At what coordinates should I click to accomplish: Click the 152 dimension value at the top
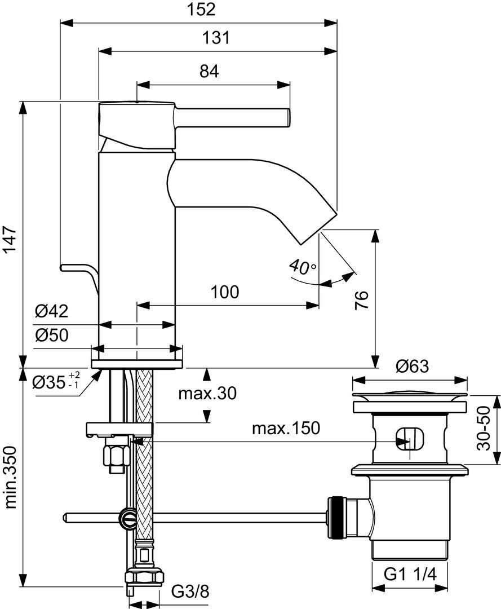tap(200, 10)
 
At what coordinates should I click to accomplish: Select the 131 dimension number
tap(217, 38)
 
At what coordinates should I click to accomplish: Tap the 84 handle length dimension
tap(209, 72)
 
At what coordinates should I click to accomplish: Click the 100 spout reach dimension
tap(225, 292)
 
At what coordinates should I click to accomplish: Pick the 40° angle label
tap(302, 266)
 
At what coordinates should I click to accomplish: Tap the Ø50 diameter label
tap(51, 336)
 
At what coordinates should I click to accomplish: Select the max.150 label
tap(285, 429)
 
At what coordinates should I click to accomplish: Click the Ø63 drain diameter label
tap(411, 367)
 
